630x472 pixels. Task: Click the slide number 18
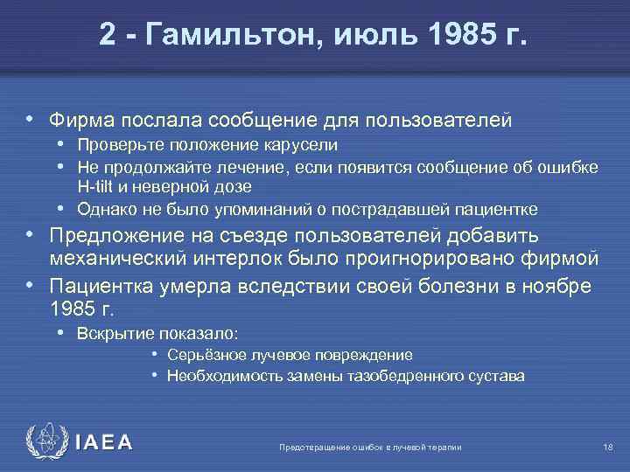[608, 448]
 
